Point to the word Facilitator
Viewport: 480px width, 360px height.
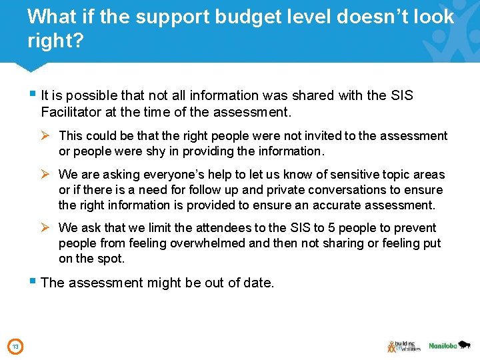[x=70, y=112]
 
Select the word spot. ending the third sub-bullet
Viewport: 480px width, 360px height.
[x=111, y=259]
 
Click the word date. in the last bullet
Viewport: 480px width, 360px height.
[x=259, y=283]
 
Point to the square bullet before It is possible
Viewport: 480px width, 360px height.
[x=32, y=94]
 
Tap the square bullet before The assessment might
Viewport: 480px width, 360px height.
[x=32, y=282]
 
